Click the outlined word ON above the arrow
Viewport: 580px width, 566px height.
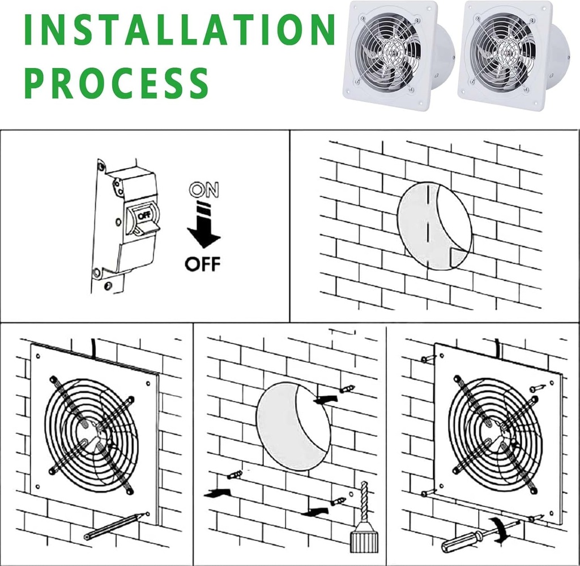[x=204, y=190]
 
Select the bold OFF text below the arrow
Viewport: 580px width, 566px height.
[x=203, y=264]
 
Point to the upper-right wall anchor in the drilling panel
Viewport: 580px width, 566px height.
[x=346, y=389]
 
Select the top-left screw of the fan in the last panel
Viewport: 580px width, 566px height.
[x=428, y=359]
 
